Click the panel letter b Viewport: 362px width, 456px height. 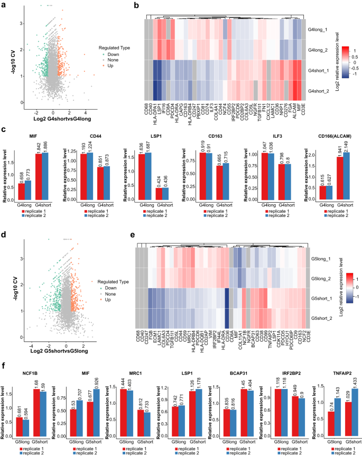tap(136, 6)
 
